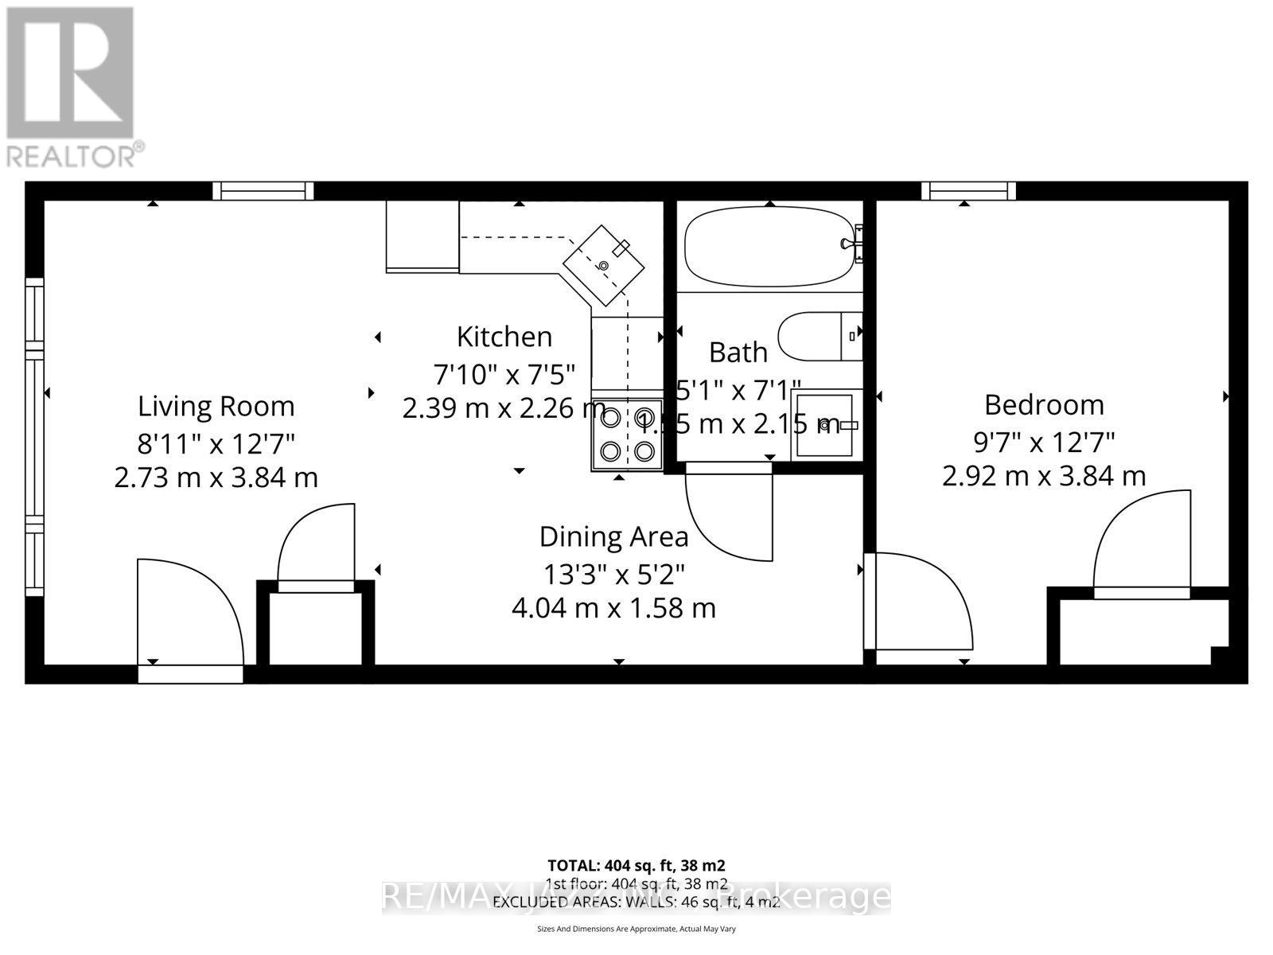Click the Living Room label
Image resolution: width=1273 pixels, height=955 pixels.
tap(216, 406)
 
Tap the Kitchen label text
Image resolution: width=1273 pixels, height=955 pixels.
tap(504, 337)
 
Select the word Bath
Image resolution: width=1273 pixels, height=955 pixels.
tap(738, 352)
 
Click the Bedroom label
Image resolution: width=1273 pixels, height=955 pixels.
tap(1044, 404)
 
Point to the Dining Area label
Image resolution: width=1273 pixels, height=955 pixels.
tap(613, 536)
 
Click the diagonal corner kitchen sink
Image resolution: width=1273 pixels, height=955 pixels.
tap(604, 266)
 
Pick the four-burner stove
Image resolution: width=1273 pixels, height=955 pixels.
tap(627, 434)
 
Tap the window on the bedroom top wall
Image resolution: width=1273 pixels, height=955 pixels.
tap(968, 191)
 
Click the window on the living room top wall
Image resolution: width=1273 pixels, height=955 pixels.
tap(263, 191)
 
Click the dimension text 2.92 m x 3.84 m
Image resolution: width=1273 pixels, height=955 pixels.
tap(1044, 476)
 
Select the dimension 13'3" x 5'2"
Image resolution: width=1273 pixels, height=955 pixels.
tap(613, 573)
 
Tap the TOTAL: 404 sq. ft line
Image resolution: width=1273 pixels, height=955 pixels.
tap(636, 865)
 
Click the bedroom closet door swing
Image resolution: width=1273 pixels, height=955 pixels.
tap(1143, 541)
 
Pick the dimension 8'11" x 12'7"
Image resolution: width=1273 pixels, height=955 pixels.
tap(216, 442)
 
